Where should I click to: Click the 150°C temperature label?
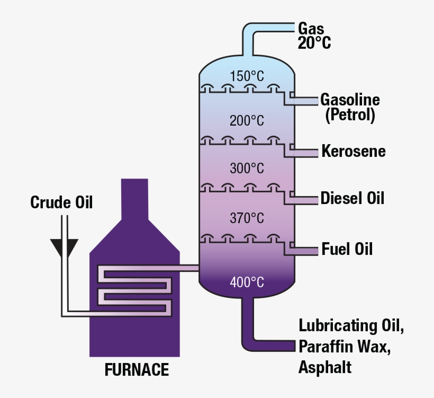(246, 76)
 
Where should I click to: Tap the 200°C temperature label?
(246, 121)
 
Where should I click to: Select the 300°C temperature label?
(246, 169)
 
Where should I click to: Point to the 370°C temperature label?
(246, 217)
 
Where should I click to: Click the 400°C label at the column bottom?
(246, 282)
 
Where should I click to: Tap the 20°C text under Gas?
(314, 43)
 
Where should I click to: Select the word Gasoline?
(350, 100)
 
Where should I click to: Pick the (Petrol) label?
(350, 115)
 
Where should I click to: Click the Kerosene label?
(354, 151)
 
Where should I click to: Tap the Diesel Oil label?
(352, 198)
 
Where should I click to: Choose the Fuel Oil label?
(347, 249)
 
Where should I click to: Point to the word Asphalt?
(325, 367)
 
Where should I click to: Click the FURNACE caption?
(137, 369)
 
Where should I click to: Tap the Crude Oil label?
(61, 202)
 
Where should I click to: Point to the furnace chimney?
(134, 201)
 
